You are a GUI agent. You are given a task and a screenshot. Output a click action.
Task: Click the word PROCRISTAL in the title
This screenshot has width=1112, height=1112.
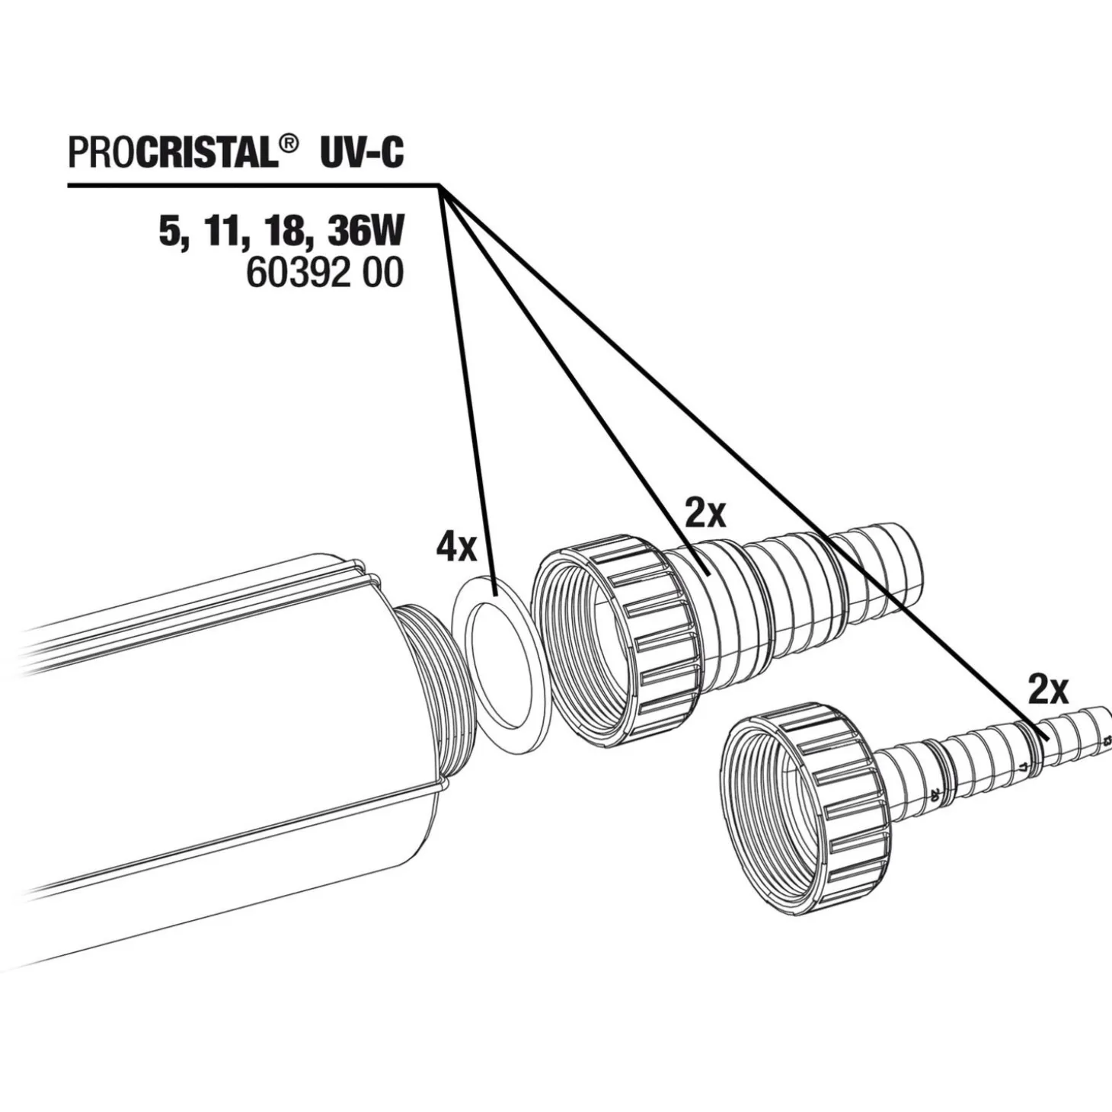[x=173, y=154]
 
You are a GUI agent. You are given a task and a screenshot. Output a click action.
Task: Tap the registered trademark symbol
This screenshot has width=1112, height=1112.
[x=289, y=145]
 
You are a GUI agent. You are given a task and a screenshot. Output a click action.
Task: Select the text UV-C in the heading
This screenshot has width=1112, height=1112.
[x=360, y=154]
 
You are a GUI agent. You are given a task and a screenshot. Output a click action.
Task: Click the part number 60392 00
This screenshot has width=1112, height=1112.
[x=324, y=273]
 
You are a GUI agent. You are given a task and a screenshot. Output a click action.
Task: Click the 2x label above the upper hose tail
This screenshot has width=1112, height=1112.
[x=705, y=514]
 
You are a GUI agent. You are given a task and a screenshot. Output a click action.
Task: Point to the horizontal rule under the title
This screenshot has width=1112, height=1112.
[x=254, y=185]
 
